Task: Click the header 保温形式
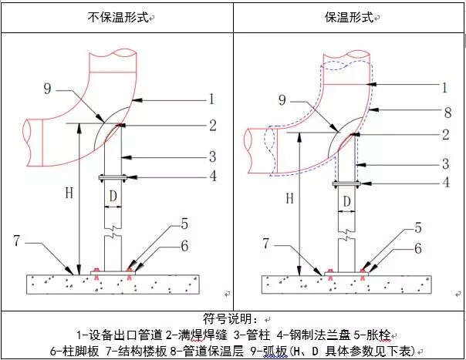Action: [x=351, y=16]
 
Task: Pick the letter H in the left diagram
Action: [x=67, y=193]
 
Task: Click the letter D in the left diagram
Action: [x=113, y=197]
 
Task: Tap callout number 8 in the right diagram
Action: [x=447, y=112]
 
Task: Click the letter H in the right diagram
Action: [x=289, y=198]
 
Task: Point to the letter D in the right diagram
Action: [x=346, y=202]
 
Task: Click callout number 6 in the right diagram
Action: [x=417, y=248]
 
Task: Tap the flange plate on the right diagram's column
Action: [x=346, y=183]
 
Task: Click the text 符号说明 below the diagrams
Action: [x=232, y=318]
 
